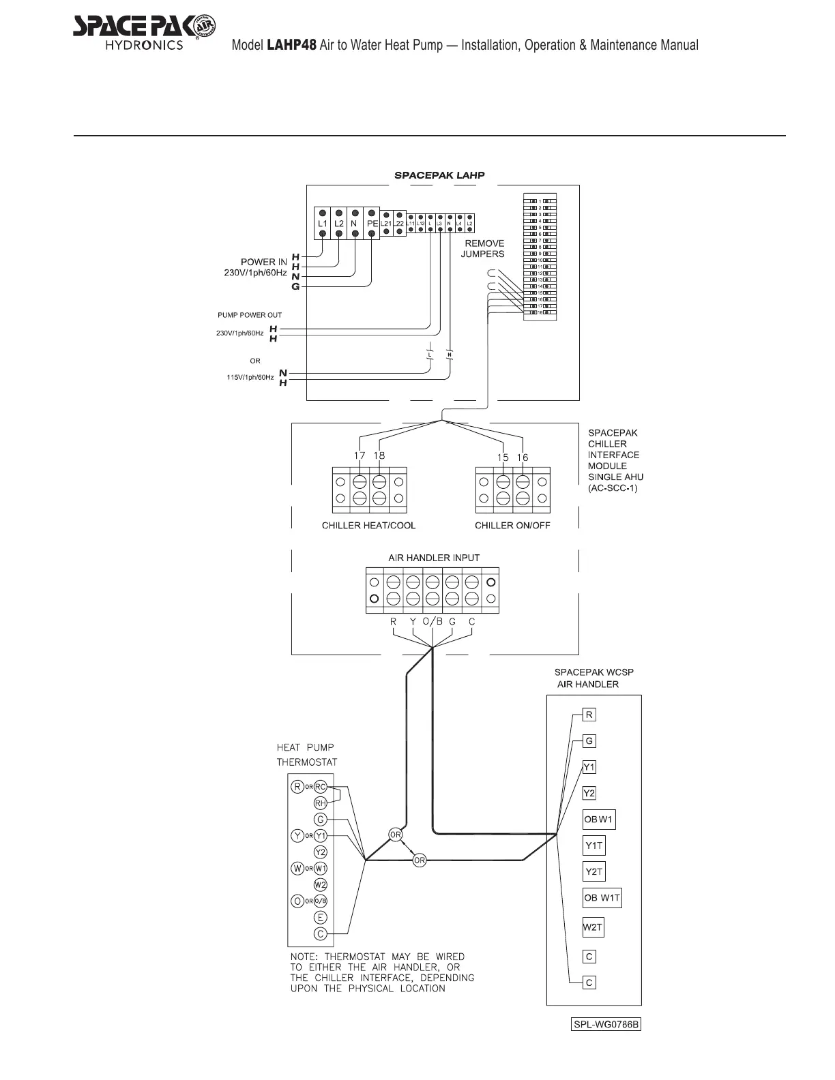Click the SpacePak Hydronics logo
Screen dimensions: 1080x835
point(144,31)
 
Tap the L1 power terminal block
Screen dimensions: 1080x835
point(322,223)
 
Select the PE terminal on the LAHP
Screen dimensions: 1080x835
point(372,223)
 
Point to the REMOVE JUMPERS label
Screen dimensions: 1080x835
point(483,248)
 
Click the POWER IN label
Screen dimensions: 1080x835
point(264,262)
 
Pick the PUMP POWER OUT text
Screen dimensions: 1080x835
point(250,315)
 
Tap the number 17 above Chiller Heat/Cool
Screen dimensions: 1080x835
point(360,455)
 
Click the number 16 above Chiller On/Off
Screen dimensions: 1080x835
point(523,457)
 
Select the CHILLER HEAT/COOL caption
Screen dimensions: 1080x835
point(368,525)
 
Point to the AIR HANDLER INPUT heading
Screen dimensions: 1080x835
point(434,558)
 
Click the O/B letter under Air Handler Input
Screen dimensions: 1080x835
point(433,622)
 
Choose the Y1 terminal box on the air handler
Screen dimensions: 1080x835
point(589,767)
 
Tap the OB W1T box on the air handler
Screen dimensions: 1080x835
point(602,898)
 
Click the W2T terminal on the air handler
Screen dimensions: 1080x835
point(593,927)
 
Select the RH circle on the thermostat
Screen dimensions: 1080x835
point(321,803)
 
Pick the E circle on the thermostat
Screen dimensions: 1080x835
point(321,918)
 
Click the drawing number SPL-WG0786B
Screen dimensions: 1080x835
point(606,1025)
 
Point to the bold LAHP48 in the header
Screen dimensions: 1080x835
point(291,46)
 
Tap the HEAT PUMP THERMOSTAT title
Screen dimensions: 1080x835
point(306,755)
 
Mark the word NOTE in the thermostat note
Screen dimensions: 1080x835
point(304,957)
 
